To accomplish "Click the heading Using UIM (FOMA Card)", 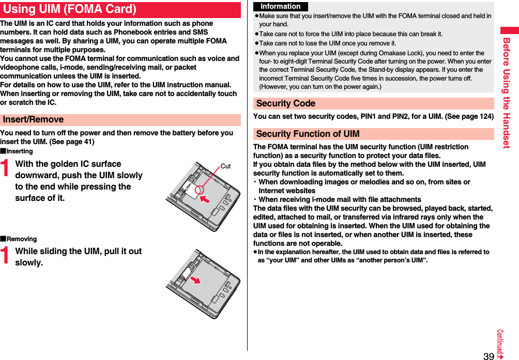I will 70,9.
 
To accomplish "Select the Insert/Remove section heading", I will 34,120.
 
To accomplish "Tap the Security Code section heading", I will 286,103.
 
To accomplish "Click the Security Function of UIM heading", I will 308,134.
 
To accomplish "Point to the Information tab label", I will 281,7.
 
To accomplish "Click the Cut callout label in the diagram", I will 225,166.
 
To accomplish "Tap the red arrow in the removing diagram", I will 195,279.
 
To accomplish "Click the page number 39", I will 489,355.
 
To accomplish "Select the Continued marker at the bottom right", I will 500,344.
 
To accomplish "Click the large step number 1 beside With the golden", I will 6,170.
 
